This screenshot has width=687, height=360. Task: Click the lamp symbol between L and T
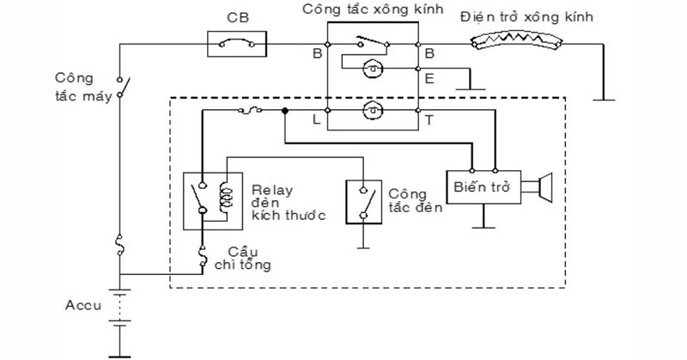tap(372, 110)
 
